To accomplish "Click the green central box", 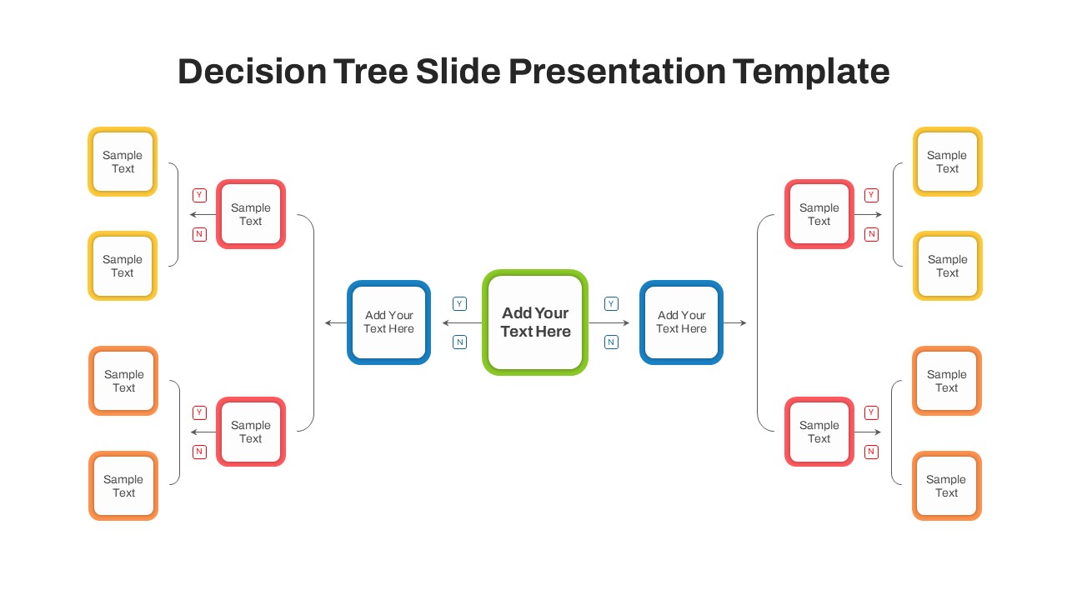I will pyautogui.click(x=535, y=322).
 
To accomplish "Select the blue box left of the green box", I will pyautogui.click(x=388, y=322).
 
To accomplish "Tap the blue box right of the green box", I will pyautogui.click(x=681, y=322).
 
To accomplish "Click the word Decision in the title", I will pyautogui.click(x=252, y=72).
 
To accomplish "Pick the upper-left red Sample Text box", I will pyautogui.click(x=251, y=214).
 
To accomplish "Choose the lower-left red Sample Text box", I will pyautogui.click(x=251, y=432).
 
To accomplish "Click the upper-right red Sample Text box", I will pyautogui.click(x=819, y=214).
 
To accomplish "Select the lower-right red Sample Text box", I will pyautogui.click(x=819, y=432).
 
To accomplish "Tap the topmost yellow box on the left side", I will pyautogui.click(x=123, y=162).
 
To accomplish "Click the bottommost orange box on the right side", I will pyautogui.click(x=946, y=486).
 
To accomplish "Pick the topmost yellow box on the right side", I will pyautogui.click(x=947, y=162).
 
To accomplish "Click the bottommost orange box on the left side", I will pyautogui.click(x=123, y=486).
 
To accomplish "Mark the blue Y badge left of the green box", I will pyautogui.click(x=459, y=304).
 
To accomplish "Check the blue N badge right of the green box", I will pyautogui.click(x=611, y=342).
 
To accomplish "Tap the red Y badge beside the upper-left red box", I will pyautogui.click(x=199, y=195).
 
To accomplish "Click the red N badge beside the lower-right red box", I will pyautogui.click(x=871, y=452).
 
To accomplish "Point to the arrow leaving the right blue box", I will pyautogui.click(x=735, y=323).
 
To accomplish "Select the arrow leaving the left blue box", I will pyautogui.click(x=336, y=323).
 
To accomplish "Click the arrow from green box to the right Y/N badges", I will pyautogui.click(x=609, y=323).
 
